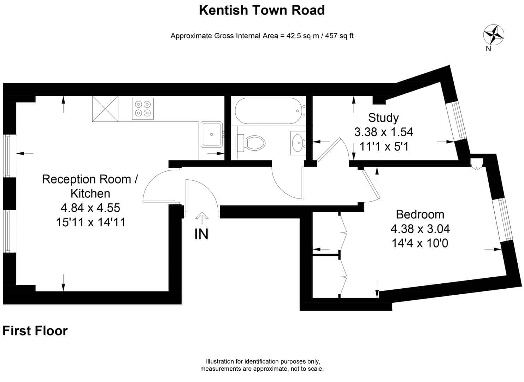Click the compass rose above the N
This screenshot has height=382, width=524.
(494, 34)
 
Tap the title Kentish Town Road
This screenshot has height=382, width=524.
(262, 10)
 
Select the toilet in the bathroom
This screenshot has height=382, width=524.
(253, 143)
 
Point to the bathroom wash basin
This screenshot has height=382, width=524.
(298, 143)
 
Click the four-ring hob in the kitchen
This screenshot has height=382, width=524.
(143, 108)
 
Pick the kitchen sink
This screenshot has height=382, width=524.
(211, 134)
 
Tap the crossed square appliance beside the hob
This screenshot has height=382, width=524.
(105, 109)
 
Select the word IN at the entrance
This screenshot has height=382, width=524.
(201, 234)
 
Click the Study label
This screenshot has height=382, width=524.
(383, 117)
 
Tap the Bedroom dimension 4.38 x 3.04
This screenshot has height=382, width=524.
(420, 229)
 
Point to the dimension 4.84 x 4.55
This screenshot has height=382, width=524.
(90, 208)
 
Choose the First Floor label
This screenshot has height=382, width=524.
(35, 331)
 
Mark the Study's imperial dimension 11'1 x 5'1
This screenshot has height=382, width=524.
(384, 146)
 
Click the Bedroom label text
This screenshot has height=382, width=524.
(420, 214)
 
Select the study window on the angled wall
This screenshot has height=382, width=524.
(457, 120)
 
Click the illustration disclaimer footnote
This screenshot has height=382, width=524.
(262, 365)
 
